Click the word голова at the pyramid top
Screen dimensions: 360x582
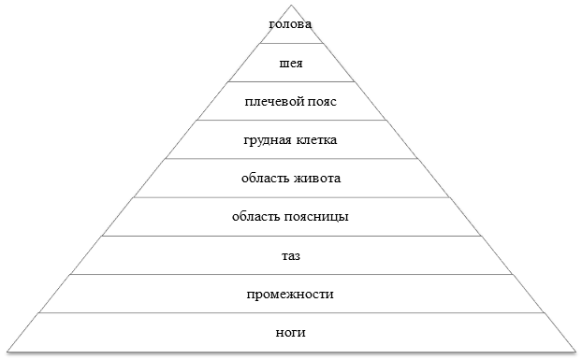coord(290,23)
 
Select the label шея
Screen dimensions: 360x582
coord(290,64)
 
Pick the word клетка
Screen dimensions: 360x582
coord(316,140)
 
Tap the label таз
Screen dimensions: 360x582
coord(290,255)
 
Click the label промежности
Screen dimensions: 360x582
coord(290,294)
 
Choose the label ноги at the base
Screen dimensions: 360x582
coord(290,332)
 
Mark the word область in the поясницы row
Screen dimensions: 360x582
coord(256,217)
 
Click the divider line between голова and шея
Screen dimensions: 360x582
coord(290,44)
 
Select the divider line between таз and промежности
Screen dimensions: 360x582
coord(290,275)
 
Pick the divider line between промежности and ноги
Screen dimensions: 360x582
coord(290,313)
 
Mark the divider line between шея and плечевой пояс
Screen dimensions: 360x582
coord(290,82)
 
